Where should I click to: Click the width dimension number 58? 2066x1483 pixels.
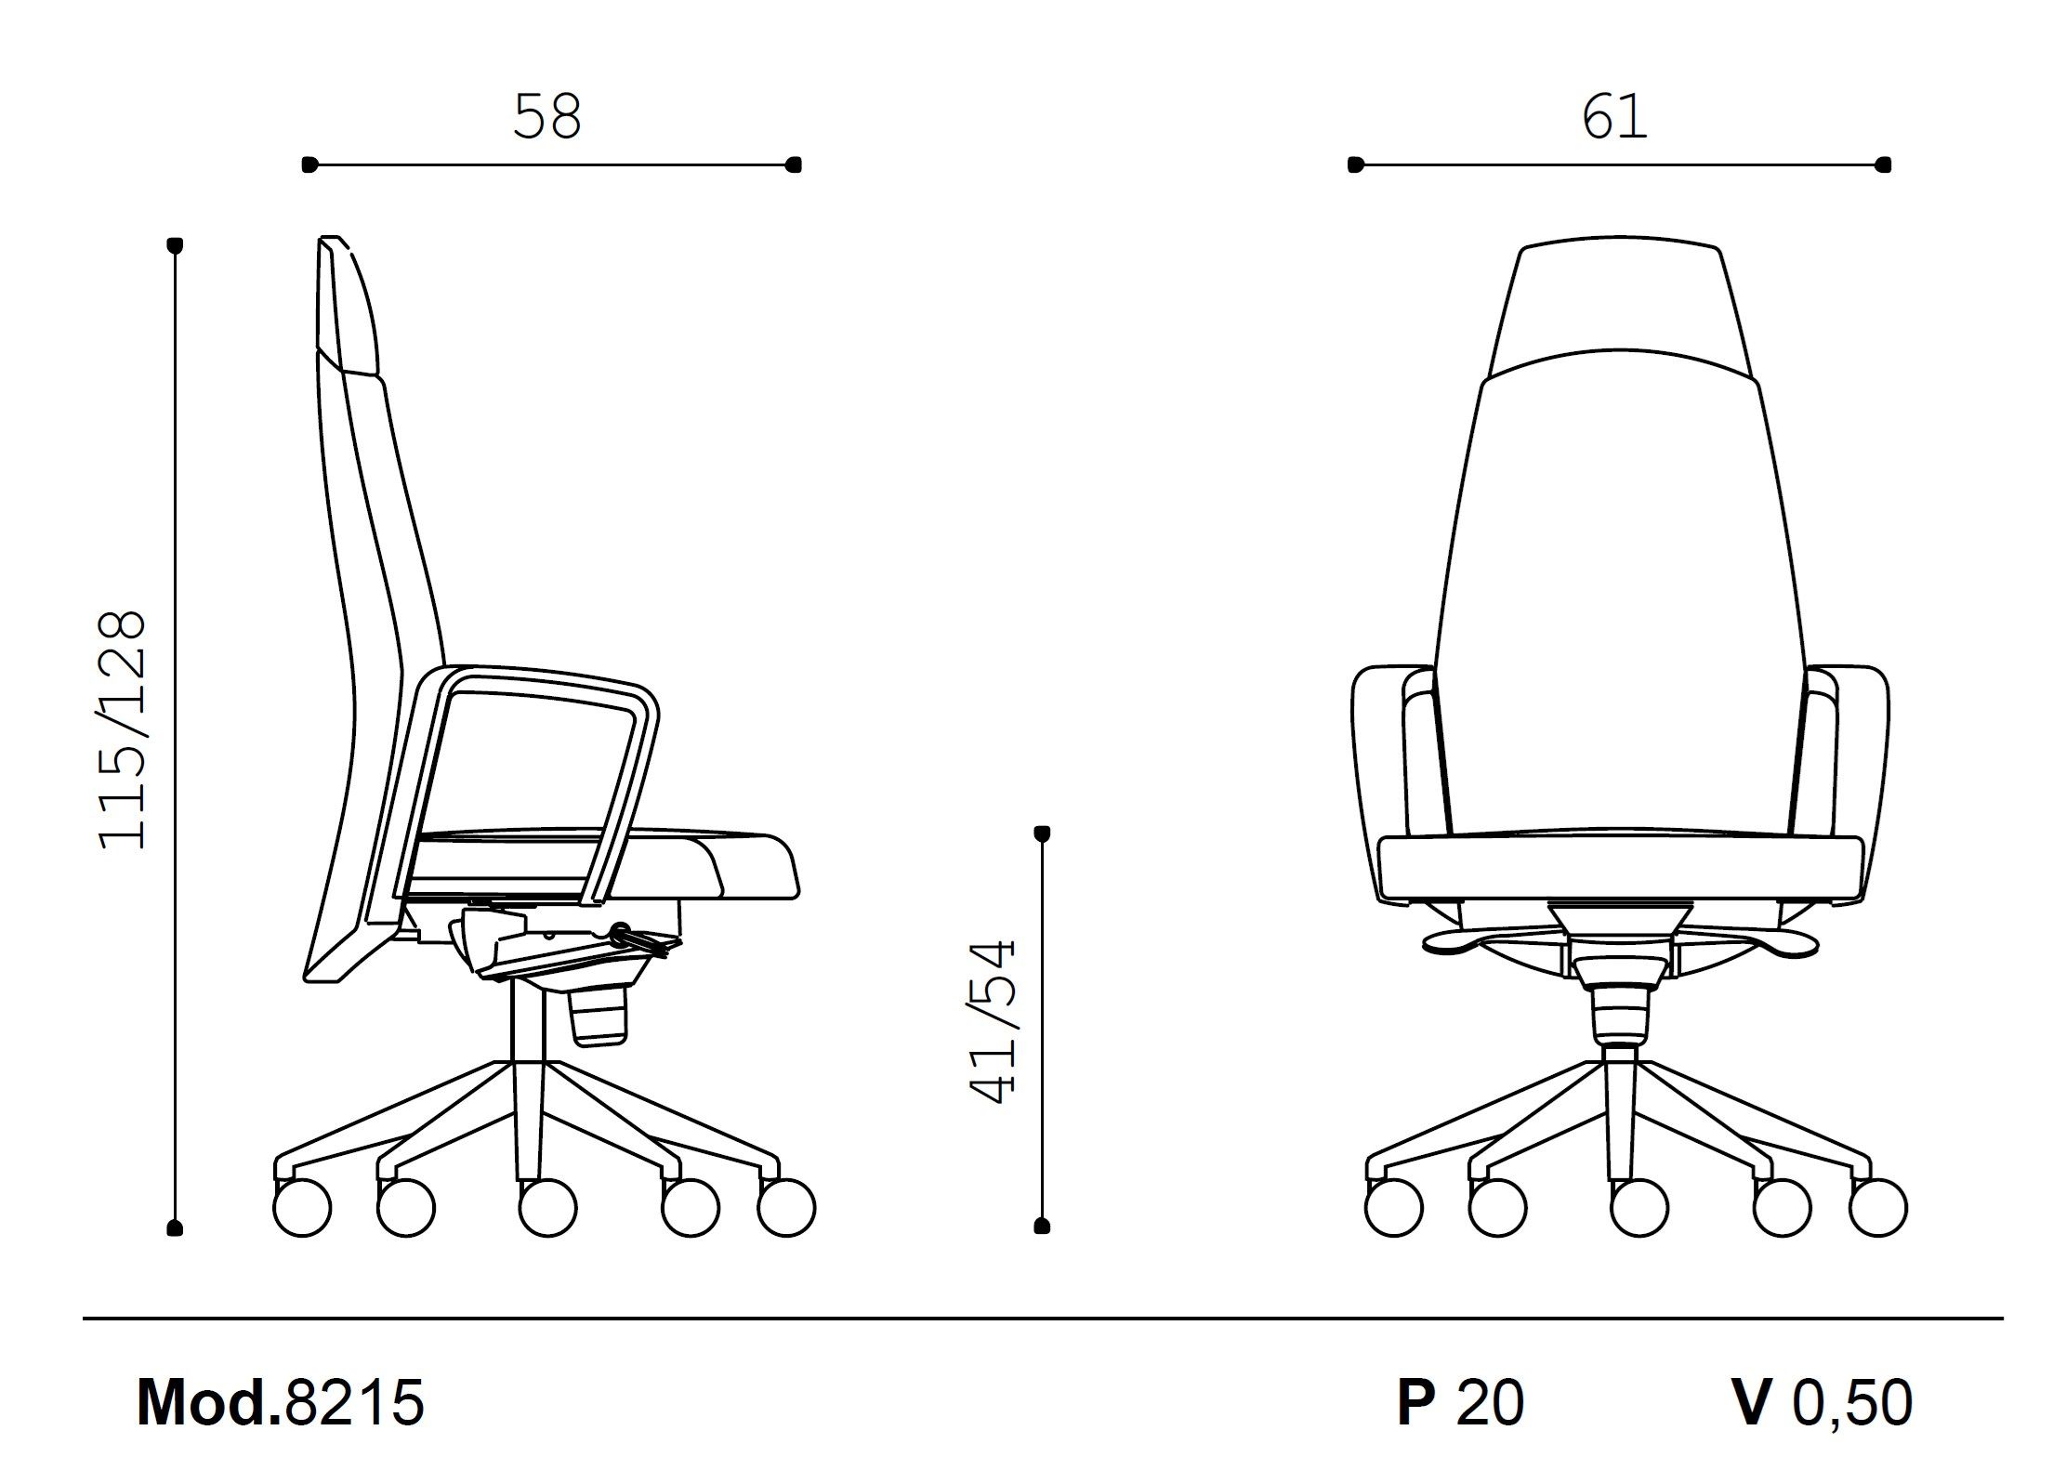[547, 117]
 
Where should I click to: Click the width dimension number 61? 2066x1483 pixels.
[1614, 117]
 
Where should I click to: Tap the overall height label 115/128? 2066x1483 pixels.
[124, 730]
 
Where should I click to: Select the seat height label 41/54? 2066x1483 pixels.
[992, 1022]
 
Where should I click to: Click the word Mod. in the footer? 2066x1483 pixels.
[209, 1402]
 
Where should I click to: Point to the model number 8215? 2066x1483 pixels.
[354, 1402]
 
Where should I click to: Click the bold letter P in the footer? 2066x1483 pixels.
[1415, 1402]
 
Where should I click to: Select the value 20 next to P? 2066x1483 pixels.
[1490, 1402]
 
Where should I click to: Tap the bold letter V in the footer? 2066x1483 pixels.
[1752, 1402]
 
